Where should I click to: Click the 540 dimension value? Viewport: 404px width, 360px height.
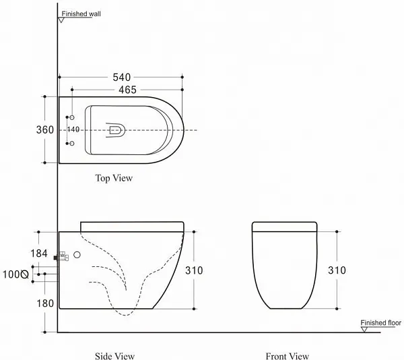tap(122, 77)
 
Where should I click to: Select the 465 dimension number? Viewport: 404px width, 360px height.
tap(127, 90)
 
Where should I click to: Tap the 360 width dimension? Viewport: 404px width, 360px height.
tap(45, 129)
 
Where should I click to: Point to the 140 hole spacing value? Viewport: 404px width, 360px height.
tap(73, 129)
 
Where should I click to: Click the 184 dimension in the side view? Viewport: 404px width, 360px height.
tap(39, 253)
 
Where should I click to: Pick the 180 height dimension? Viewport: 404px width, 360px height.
tap(45, 303)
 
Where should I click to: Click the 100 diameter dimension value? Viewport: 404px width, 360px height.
tap(11, 274)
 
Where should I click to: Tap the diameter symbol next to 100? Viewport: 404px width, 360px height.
tap(25, 274)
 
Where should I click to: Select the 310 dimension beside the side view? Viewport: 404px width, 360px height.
tap(194, 270)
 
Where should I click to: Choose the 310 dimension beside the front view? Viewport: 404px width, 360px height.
tap(337, 270)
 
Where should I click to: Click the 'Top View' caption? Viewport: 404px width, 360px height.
tap(114, 178)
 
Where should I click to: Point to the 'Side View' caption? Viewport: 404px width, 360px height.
tap(114, 356)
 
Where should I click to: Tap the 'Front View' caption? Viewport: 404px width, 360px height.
tap(288, 356)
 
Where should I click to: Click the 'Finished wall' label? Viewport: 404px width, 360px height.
tap(81, 14)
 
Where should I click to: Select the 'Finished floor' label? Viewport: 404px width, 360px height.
tap(381, 323)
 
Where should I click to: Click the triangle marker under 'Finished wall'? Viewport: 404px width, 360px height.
tap(61, 20)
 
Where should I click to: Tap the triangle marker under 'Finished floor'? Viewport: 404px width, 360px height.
tap(364, 329)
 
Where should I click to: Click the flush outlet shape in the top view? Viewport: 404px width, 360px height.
tap(116, 130)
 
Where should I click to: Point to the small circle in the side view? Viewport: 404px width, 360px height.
tap(77, 255)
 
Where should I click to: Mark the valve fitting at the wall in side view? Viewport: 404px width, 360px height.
tap(61, 256)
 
